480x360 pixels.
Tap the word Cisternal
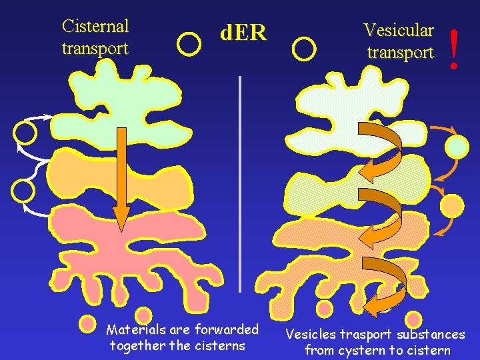[95, 26]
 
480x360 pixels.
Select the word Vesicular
[399, 30]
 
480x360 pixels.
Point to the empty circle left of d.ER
[190, 44]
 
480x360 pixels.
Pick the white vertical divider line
[239, 183]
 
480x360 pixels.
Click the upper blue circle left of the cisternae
[25, 133]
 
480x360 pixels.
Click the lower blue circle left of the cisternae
[23, 190]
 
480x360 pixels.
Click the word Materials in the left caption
[136, 329]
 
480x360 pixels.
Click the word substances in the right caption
[431, 334]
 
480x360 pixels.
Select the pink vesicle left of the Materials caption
[87, 324]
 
